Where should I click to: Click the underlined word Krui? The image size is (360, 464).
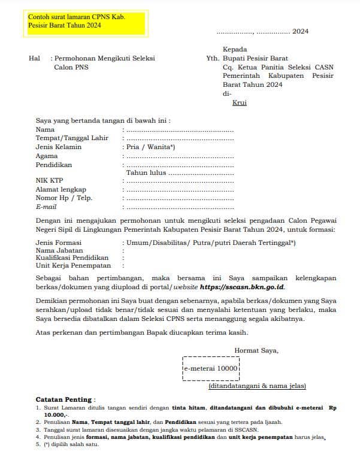coord(239,103)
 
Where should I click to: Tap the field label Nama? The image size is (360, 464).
coord(45,129)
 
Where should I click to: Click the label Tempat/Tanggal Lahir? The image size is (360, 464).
coord(72,138)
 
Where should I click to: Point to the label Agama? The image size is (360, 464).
coord(47,156)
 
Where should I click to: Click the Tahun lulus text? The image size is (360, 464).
coord(146,172)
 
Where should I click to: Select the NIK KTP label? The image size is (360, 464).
coord(49,181)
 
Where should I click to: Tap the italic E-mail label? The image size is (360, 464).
coord(46,207)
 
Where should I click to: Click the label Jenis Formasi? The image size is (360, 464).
coord(59,242)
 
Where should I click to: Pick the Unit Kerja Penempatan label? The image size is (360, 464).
coord(73,265)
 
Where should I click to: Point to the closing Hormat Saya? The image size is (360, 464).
coord(256,350)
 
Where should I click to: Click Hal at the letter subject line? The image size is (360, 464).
coord(34,59)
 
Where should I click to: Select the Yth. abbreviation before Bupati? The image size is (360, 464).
coord(212,59)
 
